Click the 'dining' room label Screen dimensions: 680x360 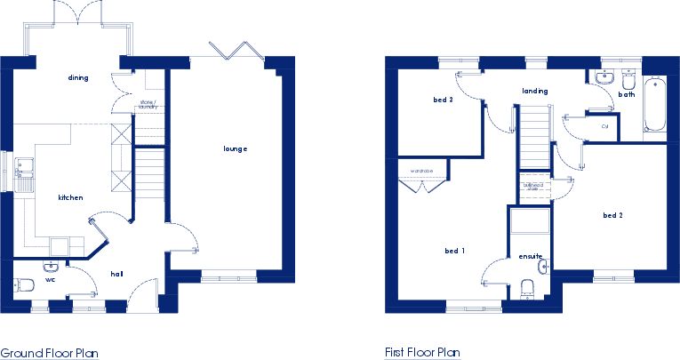[x=77, y=78]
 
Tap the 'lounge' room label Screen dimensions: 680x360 [x=235, y=148]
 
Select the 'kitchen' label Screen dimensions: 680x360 [x=70, y=197]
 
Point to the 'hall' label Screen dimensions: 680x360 [x=116, y=274]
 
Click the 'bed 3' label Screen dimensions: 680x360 [x=443, y=100]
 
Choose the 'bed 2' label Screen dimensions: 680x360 [x=612, y=215]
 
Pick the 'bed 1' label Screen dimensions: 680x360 [x=455, y=252]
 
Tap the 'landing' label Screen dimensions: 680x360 [x=534, y=91]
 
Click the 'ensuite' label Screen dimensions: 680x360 [x=530, y=257]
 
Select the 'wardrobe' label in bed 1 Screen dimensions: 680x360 [x=420, y=169]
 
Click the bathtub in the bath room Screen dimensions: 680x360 [x=656, y=107]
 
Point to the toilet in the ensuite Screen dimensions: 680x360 [x=527, y=288]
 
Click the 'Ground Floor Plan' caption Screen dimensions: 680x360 [x=49, y=353]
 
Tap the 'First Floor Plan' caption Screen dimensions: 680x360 [x=423, y=353]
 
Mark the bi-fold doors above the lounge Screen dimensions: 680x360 [x=236, y=52]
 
